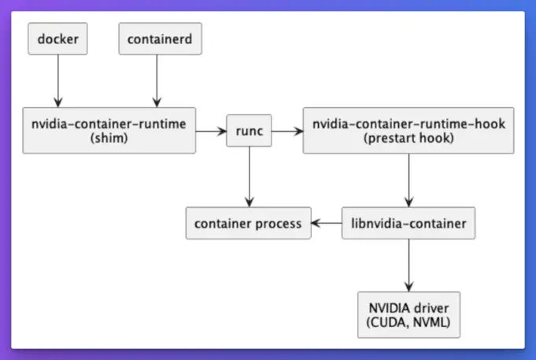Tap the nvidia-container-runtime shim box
point(109,131)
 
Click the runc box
point(249,131)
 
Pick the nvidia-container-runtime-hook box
point(408,131)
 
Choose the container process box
point(248,224)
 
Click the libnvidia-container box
point(408,224)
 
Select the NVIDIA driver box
point(408,313)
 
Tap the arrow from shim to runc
point(211,131)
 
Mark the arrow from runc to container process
point(249,177)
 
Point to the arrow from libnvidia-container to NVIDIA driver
point(408,265)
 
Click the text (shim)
point(109,138)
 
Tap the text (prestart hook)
point(408,138)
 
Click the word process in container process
point(276,224)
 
